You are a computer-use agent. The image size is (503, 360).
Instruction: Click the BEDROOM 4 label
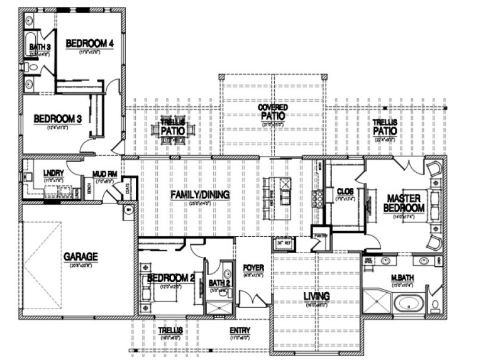tap(89, 43)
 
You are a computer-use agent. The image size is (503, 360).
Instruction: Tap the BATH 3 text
tap(39, 46)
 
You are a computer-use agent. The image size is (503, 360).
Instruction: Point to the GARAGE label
tap(81, 256)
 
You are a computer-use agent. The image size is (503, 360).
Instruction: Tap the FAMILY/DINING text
tap(199, 195)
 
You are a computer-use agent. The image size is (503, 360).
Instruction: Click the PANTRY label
tap(320, 237)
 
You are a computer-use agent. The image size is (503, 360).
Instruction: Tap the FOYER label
tap(253, 268)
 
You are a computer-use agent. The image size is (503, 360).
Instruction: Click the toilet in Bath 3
tap(28, 65)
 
